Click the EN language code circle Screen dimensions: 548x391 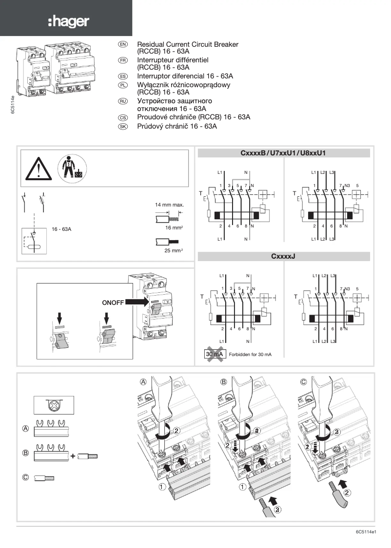tap(123, 44)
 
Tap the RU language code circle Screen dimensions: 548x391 tap(123, 101)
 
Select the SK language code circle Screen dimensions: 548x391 tap(123, 126)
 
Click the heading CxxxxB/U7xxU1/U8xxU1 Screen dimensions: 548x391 tap(283, 153)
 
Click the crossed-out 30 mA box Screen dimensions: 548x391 tap(215, 354)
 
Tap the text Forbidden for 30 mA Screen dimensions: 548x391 tap(250, 355)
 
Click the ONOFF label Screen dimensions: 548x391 tap(113, 302)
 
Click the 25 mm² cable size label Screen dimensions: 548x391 tap(174, 250)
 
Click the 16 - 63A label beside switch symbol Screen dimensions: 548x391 tap(61, 228)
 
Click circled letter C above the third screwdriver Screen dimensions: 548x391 tap(303, 382)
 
